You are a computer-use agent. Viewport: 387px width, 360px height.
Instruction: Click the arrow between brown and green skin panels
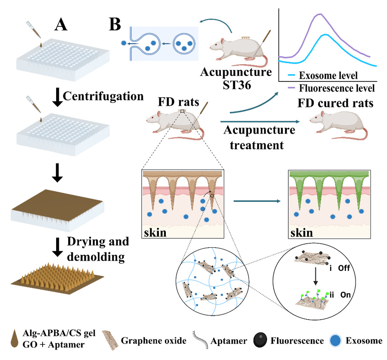(x=257, y=201)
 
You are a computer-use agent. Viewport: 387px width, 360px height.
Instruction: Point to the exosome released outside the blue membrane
(x=124, y=43)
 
